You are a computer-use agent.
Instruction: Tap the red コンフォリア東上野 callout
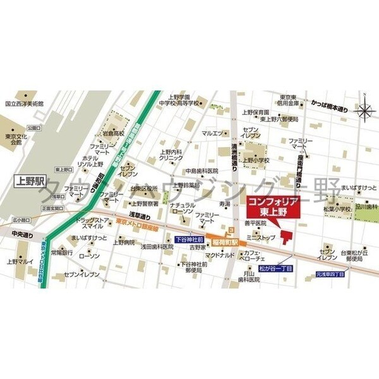pos(270,206)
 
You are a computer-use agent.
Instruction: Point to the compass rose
pos(364,112)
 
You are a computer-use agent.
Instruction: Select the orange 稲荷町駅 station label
pos(225,241)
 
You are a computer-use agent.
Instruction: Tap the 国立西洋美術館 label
pos(24,103)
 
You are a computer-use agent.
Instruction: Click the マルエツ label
pos(213,133)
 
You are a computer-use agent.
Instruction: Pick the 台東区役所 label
pos(144,188)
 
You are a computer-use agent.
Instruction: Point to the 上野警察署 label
pos(144,203)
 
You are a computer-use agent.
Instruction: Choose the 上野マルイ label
pos(20,260)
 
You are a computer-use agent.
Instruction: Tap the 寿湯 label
pos(225,204)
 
